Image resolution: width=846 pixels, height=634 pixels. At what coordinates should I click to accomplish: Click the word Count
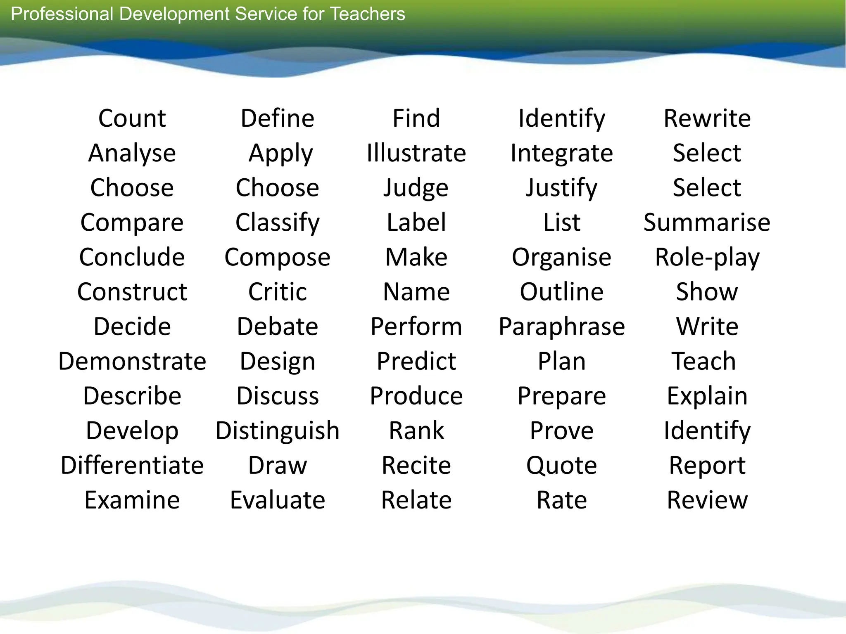pyautogui.click(x=132, y=118)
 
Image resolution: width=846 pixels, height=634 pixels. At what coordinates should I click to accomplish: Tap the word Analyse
pyautogui.click(x=132, y=153)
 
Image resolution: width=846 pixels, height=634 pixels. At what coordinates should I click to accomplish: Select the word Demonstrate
pyautogui.click(x=132, y=361)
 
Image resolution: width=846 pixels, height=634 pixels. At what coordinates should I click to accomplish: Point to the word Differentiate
pyautogui.click(x=132, y=465)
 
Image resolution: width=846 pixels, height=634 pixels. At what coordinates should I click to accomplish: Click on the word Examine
pyautogui.click(x=132, y=500)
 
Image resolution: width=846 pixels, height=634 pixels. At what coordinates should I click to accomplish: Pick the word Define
pyautogui.click(x=278, y=118)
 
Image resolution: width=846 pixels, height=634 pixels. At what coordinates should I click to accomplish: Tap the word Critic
pyautogui.click(x=278, y=292)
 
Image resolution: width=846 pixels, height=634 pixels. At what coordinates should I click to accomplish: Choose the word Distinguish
pyautogui.click(x=278, y=431)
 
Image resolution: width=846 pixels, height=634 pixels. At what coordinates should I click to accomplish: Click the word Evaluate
pyautogui.click(x=278, y=500)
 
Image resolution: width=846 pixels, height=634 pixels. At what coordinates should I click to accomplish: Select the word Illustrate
pyautogui.click(x=416, y=153)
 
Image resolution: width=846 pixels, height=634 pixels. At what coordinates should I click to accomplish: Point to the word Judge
pyautogui.click(x=416, y=188)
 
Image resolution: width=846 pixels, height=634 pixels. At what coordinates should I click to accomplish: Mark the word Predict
pyautogui.click(x=416, y=361)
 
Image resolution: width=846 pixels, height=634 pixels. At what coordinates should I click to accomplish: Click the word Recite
pyautogui.click(x=416, y=465)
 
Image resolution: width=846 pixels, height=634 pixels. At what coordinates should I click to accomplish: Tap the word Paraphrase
pyautogui.click(x=562, y=326)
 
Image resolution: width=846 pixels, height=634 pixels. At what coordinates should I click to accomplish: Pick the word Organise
pyautogui.click(x=562, y=257)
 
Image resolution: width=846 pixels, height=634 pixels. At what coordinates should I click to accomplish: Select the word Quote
pyautogui.click(x=562, y=465)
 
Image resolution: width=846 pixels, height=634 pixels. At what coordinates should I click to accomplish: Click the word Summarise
pyautogui.click(x=707, y=222)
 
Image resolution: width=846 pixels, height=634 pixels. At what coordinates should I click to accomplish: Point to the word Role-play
pyautogui.click(x=707, y=257)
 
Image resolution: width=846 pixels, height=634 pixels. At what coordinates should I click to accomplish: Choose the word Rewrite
pyautogui.click(x=707, y=118)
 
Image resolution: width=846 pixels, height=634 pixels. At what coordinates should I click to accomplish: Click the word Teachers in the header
pyautogui.click(x=368, y=14)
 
